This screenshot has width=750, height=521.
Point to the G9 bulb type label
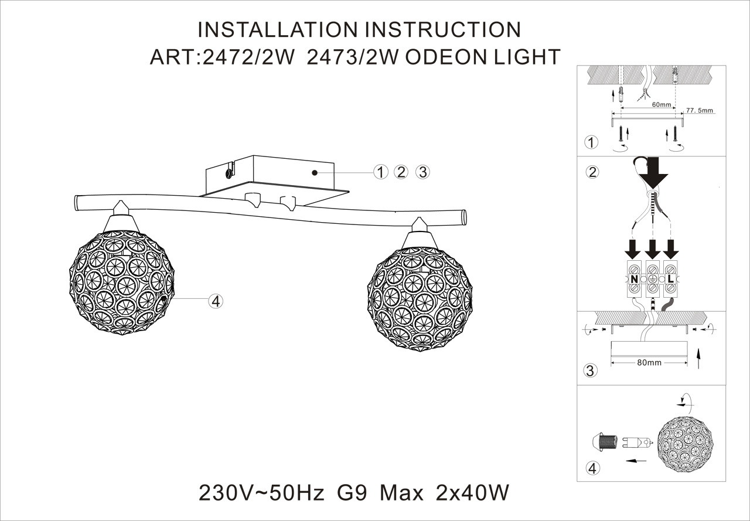point(353,493)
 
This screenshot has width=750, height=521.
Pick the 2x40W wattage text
point(472,493)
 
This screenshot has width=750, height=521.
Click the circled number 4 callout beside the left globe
point(216,301)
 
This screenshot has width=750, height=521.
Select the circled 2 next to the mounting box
point(401,172)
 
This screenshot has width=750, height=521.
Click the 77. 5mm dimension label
point(700,110)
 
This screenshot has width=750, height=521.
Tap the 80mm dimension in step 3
point(649,362)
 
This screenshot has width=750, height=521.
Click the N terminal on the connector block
point(634,279)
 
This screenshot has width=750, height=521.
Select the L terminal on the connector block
point(670,279)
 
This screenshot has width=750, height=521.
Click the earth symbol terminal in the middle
point(652,279)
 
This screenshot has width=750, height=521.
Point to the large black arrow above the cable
point(653,173)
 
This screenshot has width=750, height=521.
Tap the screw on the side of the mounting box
point(227,172)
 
